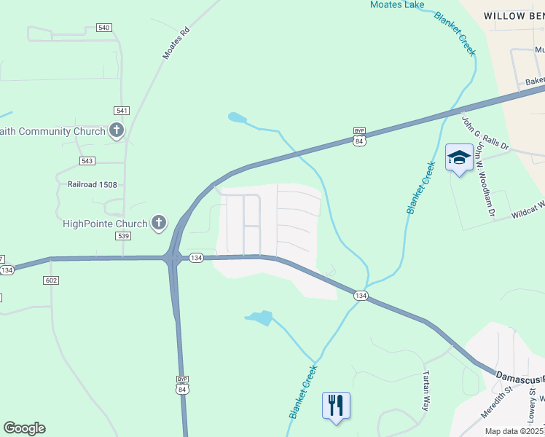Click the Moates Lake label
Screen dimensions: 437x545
tap(397, 5)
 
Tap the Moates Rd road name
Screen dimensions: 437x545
tap(176, 43)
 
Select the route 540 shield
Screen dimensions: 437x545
tap(103, 28)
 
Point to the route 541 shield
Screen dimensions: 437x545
tap(122, 111)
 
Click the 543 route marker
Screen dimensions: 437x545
tap(87, 160)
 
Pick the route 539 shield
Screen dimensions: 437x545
tap(122, 236)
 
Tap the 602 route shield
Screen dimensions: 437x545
tap(50, 280)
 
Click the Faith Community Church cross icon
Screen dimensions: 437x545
tap(116, 131)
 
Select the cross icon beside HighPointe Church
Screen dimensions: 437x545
tap(159, 223)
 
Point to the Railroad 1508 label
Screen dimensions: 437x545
tap(92, 185)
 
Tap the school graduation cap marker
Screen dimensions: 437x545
tap(459, 158)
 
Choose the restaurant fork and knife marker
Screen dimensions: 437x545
tap(336, 404)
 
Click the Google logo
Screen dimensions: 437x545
tap(24, 428)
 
